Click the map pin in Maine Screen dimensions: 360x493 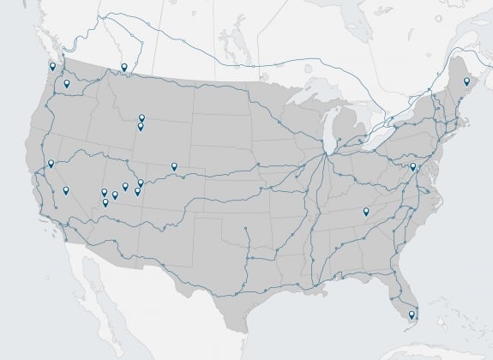click(x=466, y=81)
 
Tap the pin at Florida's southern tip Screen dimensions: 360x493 click(x=412, y=315)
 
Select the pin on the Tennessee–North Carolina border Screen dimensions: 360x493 click(x=366, y=211)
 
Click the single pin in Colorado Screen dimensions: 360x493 click(x=174, y=165)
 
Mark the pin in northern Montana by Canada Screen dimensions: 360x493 click(x=124, y=67)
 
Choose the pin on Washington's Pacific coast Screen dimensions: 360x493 click(x=53, y=66)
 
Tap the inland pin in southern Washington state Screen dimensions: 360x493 click(x=66, y=83)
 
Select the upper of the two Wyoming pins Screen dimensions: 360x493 click(x=141, y=117)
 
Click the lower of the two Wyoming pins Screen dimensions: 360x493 click(x=141, y=126)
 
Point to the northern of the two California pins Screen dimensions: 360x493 click(x=51, y=163)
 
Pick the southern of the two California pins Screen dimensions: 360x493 click(x=66, y=189)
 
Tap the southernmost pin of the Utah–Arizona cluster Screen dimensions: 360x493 click(x=105, y=202)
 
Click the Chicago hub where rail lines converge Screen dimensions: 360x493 click(x=326, y=155)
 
